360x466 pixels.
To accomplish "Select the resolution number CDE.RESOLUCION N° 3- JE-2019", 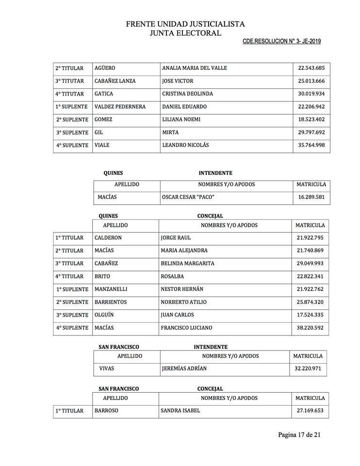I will click(x=281, y=41).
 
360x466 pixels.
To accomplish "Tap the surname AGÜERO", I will click(x=105, y=68).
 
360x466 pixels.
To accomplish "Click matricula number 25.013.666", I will click(x=311, y=81).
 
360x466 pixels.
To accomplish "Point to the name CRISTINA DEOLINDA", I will click(x=187, y=94).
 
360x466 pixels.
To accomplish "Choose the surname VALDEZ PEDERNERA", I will click(x=120, y=106).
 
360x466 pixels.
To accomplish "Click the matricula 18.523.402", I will click(x=311, y=119).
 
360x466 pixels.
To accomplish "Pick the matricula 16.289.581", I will click(x=311, y=198).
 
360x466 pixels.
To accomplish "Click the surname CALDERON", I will click(x=108, y=238).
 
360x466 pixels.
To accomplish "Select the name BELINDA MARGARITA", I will click(x=188, y=264).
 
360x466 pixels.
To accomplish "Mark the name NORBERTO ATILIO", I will click(x=183, y=302).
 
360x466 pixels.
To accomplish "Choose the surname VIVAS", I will click(x=106, y=368).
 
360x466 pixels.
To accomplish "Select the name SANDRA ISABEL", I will click(x=180, y=411).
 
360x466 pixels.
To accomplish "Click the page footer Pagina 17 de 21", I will click(x=299, y=434).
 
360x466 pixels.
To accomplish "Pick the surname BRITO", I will click(x=102, y=276).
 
